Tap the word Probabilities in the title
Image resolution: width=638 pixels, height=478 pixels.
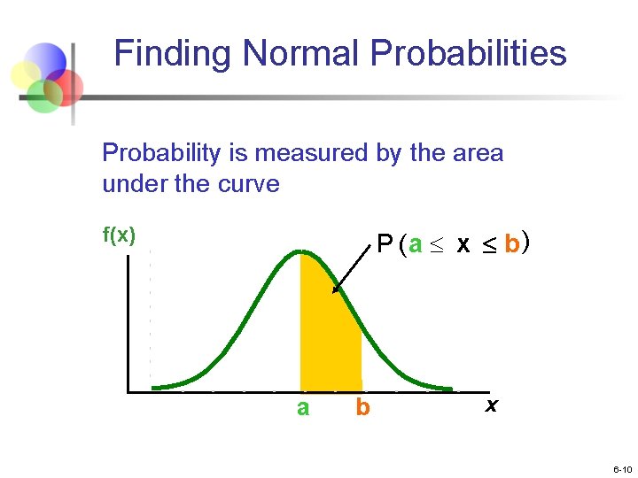click(x=469, y=54)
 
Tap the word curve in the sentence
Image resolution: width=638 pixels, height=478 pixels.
click(x=251, y=184)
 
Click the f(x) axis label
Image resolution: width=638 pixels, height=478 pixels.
click(x=119, y=235)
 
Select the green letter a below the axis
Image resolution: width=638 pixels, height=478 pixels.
click(x=303, y=408)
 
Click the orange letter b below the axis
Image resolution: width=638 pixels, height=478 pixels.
click(x=362, y=408)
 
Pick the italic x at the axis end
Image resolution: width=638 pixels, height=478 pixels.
click(x=490, y=405)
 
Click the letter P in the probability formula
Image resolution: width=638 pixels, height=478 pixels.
click(x=385, y=244)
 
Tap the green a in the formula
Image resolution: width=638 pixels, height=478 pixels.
click(x=416, y=245)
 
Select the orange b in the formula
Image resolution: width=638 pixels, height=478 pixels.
click(x=511, y=244)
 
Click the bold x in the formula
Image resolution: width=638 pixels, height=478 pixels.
click(x=463, y=245)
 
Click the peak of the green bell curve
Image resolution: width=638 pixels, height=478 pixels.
click(x=301, y=252)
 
